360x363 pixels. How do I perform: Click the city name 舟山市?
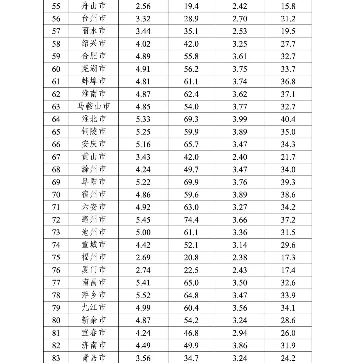coord(94,6)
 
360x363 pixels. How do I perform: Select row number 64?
coord(56,119)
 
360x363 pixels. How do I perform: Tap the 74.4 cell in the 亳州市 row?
coord(191,220)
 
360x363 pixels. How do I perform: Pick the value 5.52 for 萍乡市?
coord(143,295)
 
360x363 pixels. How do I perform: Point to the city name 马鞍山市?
coord(94,106)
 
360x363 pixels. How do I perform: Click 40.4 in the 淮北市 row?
coord(288,119)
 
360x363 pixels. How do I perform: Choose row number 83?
coord(56,358)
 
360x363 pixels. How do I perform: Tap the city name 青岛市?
coord(94,358)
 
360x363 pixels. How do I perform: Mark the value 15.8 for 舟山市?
coord(288,6)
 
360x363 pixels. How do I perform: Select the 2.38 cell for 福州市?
coord(240,258)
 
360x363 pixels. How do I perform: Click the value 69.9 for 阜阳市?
coord(191,182)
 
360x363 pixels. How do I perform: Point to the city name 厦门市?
coord(94,270)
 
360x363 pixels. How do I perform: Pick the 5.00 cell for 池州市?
coord(143,232)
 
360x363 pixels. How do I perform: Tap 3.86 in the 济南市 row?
coord(240,346)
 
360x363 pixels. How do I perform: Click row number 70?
coord(56,195)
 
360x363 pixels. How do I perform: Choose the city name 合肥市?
coord(94,56)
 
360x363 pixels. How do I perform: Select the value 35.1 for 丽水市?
coord(191,31)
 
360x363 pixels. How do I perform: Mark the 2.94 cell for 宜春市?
coord(240,333)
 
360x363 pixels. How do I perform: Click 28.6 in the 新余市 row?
coord(288,320)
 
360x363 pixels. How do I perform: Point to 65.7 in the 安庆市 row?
coord(191,144)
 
